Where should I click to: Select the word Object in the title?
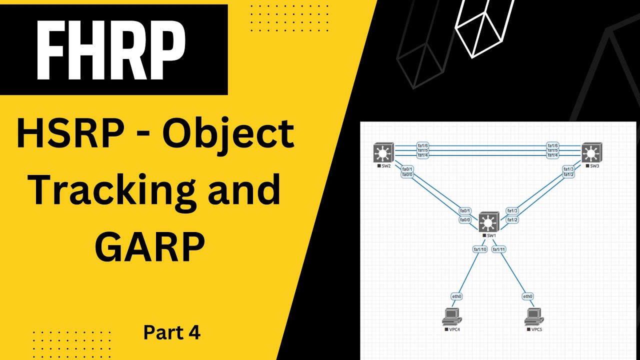pyautogui.click(x=229, y=136)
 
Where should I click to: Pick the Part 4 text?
pyautogui.click(x=172, y=332)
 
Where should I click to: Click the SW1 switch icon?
pyautogui.click(x=488, y=222)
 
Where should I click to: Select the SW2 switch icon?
pyautogui.click(x=383, y=152)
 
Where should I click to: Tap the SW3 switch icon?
pyautogui.click(x=591, y=152)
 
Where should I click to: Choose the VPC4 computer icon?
pyautogui.click(x=451, y=317)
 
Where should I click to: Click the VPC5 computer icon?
pyautogui.click(x=534, y=317)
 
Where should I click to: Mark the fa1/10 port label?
pyautogui.click(x=480, y=249)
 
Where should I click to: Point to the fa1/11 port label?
pyautogui.click(x=499, y=249)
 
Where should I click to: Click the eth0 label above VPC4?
pyautogui.click(x=456, y=296)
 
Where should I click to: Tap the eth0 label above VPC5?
pyautogui.click(x=527, y=296)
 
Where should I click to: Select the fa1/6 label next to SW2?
pyautogui.click(x=422, y=145)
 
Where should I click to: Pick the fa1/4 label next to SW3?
pyautogui.click(x=552, y=155)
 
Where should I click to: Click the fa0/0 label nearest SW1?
pyautogui.click(x=465, y=219)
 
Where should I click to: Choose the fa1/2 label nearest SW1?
pyautogui.click(x=512, y=219)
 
